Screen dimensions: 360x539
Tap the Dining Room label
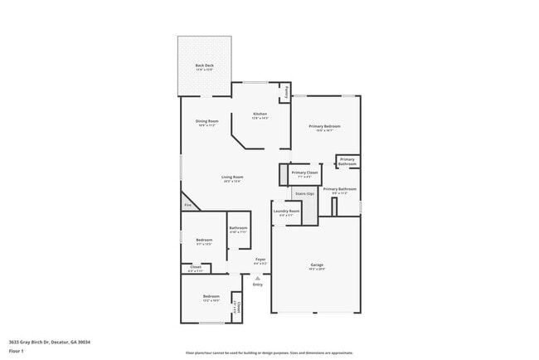tap(206, 122)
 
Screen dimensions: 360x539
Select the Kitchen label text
tap(260, 114)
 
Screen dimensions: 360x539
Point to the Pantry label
tap(287, 91)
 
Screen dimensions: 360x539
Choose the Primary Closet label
tap(304, 173)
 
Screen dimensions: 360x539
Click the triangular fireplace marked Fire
tap(188, 204)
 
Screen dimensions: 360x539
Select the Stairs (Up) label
tap(305, 193)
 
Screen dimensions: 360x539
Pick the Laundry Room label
tap(286, 212)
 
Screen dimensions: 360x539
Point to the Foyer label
tap(260, 260)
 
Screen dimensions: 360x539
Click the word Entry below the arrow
tap(257, 285)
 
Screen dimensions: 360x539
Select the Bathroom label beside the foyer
tap(239, 228)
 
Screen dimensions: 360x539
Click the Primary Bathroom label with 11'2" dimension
tap(339, 189)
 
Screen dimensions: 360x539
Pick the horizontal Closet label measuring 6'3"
tap(196, 267)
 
